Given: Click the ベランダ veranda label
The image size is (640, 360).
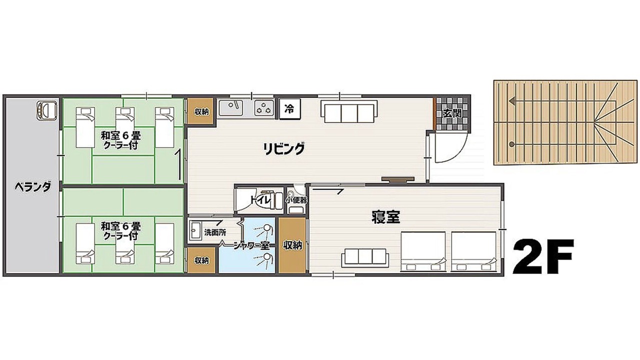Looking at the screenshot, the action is (33, 187).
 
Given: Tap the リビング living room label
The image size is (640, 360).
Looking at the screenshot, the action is (283, 148).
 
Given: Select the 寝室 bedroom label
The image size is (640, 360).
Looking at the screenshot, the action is (385, 217).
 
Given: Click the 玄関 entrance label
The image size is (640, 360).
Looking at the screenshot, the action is (452, 113).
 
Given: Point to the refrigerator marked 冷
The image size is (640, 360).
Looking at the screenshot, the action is (289, 108).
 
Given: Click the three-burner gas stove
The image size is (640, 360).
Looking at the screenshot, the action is (264, 108).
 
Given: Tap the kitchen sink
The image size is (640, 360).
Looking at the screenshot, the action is (231, 107).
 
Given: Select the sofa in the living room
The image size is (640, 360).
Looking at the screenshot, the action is (349, 111).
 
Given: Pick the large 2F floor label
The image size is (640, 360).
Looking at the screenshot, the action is (543, 256).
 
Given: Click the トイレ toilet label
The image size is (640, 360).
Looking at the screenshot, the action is (260, 200).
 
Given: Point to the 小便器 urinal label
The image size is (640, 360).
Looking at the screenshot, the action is (296, 200).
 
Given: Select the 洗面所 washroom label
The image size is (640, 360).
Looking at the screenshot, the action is (215, 232).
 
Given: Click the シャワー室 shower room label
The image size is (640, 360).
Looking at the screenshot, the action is (251, 245).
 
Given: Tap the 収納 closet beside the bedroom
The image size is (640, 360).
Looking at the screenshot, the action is (293, 245).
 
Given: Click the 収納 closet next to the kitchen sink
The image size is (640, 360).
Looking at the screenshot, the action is (201, 111).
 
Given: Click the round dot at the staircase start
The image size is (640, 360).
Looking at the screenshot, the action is (511, 144).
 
